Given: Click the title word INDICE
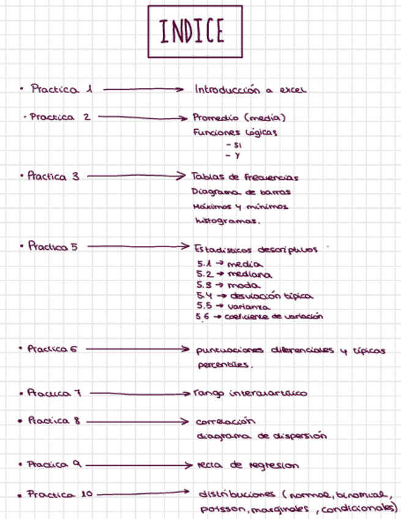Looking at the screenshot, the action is tap(191, 32).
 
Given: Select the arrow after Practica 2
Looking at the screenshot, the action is tap(141, 116).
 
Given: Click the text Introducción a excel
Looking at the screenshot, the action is tap(250, 90).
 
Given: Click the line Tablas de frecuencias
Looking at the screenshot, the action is tap(245, 177).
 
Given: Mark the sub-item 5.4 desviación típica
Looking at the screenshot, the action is tap(254, 296).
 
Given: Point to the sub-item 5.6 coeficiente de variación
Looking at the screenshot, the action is tap(259, 317).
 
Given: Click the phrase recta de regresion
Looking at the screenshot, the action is tap(248, 466).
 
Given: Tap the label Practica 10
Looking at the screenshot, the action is tap(60, 494).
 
